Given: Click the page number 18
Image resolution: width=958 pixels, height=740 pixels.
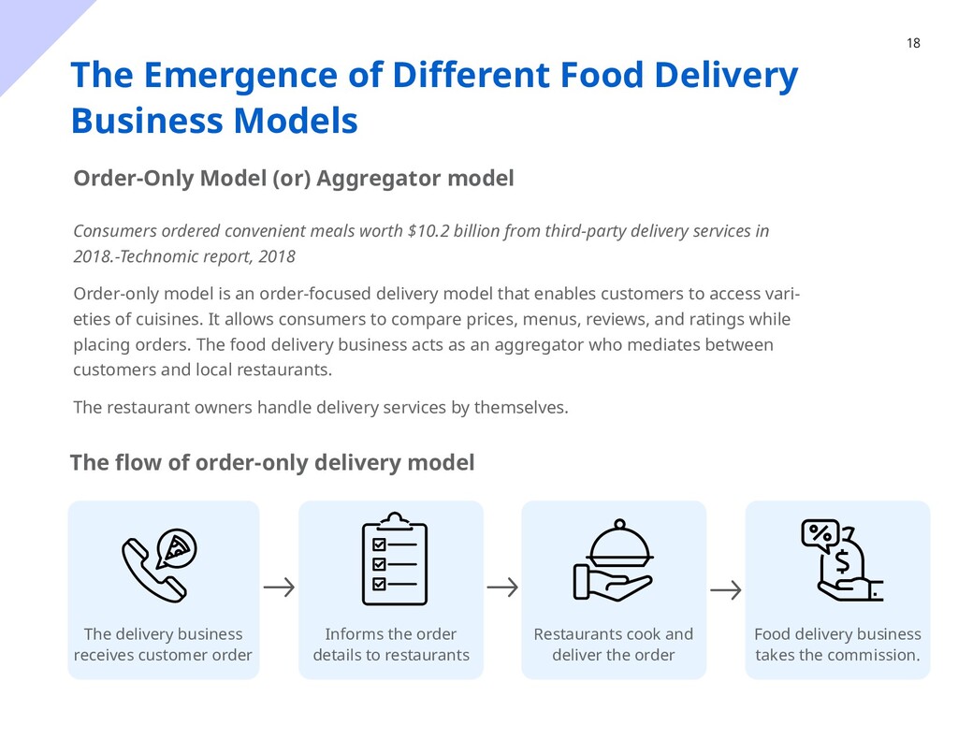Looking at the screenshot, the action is (x=913, y=43).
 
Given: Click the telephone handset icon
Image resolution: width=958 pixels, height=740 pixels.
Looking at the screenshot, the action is (x=150, y=571).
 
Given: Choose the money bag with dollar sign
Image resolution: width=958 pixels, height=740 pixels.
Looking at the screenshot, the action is (x=844, y=561).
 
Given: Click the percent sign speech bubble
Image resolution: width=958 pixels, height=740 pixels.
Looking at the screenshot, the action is (x=820, y=533).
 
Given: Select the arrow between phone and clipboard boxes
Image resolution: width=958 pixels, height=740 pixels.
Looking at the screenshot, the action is (x=279, y=588).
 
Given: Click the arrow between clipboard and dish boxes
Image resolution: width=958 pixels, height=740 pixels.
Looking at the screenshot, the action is (x=502, y=588).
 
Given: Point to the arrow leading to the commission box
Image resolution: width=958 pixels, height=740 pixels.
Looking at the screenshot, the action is (x=726, y=589).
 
